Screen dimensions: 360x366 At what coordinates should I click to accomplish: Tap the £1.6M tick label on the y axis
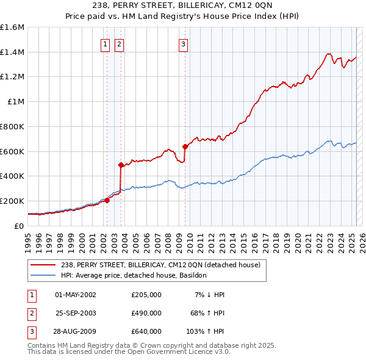click(x=12, y=27)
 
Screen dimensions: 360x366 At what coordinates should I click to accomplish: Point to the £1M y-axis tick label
click(x=16, y=102)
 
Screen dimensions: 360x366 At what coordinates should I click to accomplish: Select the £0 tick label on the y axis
click(x=20, y=226)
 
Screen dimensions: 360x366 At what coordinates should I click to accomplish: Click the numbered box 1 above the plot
click(x=106, y=43)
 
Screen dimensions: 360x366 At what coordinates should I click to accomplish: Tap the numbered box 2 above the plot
click(x=118, y=43)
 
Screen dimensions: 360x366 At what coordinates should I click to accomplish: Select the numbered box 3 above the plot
click(x=183, y=43)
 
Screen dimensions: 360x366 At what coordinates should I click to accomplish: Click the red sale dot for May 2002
click(x=107, y=200)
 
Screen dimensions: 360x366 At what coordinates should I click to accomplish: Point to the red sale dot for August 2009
click(x=185, y=146)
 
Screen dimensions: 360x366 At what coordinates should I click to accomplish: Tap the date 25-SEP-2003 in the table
click(x=76, y=312)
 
